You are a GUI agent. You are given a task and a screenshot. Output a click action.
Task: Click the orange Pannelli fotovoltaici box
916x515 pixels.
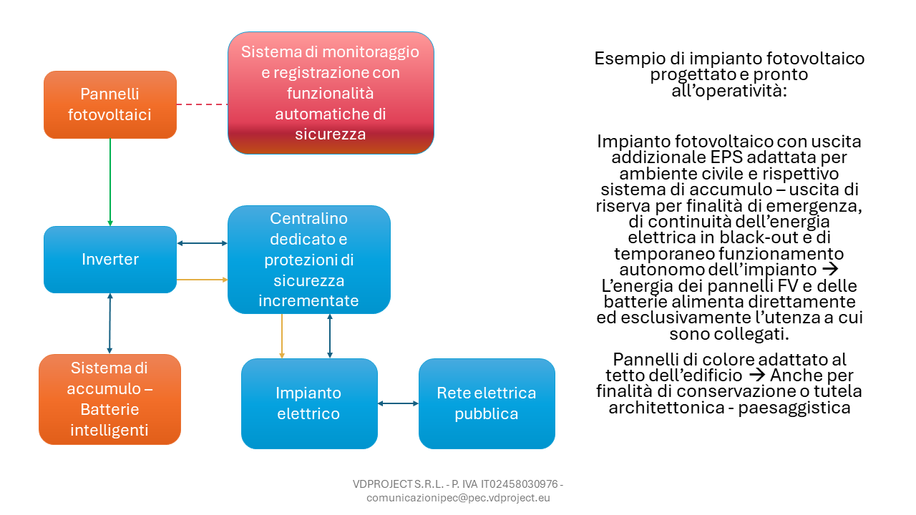tap(110, 104)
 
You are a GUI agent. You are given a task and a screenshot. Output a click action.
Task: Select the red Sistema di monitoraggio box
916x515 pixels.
tap(331, 93)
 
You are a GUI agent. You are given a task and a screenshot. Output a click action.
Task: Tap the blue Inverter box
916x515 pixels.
tap(110, 260)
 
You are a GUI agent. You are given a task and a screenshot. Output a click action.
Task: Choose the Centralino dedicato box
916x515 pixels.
tap(308, 260)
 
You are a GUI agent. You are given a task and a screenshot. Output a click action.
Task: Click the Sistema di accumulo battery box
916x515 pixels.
tap(109, 399)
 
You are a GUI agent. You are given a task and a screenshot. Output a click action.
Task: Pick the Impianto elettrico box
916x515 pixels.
tap(309, 404)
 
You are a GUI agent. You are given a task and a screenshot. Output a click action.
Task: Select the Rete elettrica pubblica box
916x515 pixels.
tap(487, 404)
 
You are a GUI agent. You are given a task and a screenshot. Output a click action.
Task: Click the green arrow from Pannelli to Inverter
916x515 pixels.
tap(110, 182)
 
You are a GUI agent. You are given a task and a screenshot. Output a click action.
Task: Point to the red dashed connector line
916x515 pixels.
tap(202, 104)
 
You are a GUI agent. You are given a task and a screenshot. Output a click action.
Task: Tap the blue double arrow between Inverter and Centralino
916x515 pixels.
tap(202, 243)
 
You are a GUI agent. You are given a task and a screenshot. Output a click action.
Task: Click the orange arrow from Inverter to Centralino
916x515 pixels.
tap(202, 280)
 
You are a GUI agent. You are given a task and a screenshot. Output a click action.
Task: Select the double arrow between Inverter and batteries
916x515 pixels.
tap(109, 323)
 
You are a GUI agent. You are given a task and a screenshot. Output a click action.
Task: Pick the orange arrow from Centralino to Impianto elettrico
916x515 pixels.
tap(282, 336)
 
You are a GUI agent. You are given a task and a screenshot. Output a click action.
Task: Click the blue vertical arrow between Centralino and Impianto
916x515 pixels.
tap(330, 336)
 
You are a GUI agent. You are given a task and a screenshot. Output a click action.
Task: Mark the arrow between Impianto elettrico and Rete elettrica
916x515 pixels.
tap(398, 403)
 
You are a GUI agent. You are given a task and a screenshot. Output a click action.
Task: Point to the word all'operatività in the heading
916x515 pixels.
tap(729, 91)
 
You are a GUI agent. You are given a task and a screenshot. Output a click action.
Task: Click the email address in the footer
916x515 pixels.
tap(458, 498)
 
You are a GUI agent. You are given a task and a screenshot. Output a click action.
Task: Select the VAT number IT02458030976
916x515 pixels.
tap(520, 484)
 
